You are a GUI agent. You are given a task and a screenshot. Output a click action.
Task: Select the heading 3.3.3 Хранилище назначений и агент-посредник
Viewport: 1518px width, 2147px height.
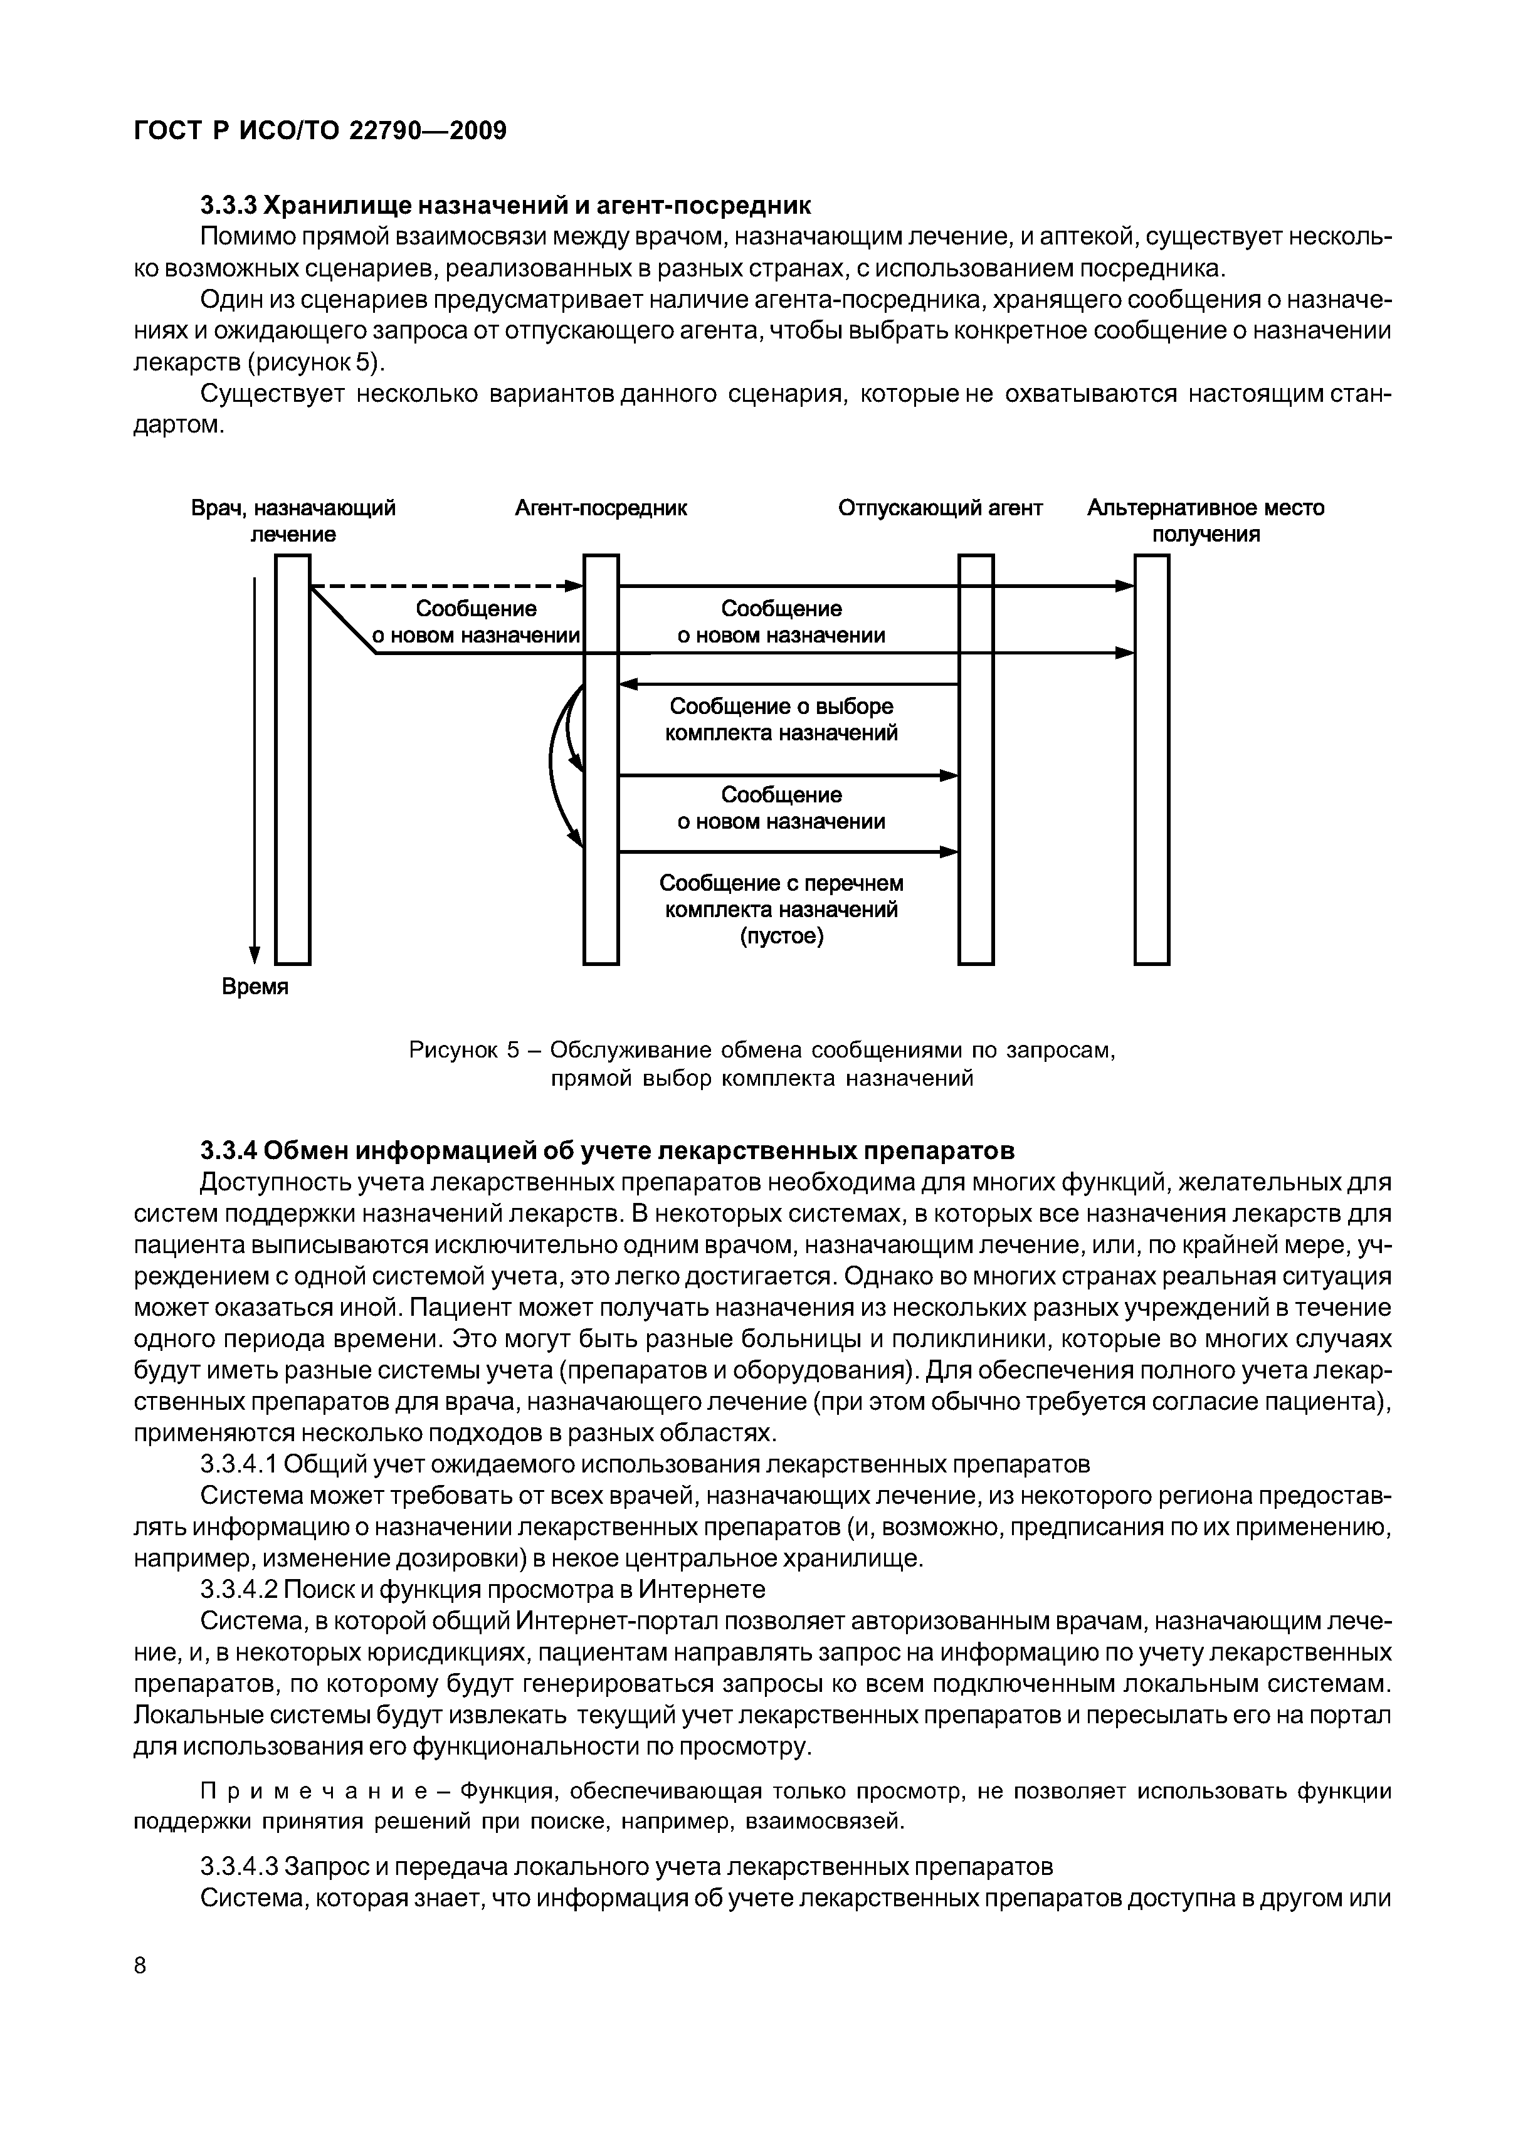[505, 205]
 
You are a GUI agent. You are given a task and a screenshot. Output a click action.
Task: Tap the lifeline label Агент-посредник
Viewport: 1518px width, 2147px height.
[601, 508]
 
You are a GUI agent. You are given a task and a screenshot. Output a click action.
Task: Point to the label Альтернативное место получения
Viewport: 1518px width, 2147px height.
[1206, 521]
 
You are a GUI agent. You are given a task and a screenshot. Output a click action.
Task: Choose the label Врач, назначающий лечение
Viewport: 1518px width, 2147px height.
[293, 521]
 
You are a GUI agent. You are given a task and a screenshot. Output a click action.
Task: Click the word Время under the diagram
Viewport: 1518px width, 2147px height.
[255, 987]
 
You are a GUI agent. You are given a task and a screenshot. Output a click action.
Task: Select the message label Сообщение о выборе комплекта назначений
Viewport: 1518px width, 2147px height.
[781, 719]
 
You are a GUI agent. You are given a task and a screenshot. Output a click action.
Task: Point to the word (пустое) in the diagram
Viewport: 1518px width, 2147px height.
[782, 936]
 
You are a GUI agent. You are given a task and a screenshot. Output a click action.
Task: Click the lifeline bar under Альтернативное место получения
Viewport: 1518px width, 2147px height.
[1151, 759]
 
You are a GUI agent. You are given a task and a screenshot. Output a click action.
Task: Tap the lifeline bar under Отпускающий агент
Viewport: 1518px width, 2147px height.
[976, 759]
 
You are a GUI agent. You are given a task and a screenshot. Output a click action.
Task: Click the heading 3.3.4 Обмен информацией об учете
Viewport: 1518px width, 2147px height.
[608, 1148]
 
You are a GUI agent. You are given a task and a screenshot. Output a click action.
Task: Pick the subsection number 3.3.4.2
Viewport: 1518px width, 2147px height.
[240, 1588]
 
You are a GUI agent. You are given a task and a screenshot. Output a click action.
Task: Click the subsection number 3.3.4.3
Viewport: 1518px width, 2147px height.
[240, 1866]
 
